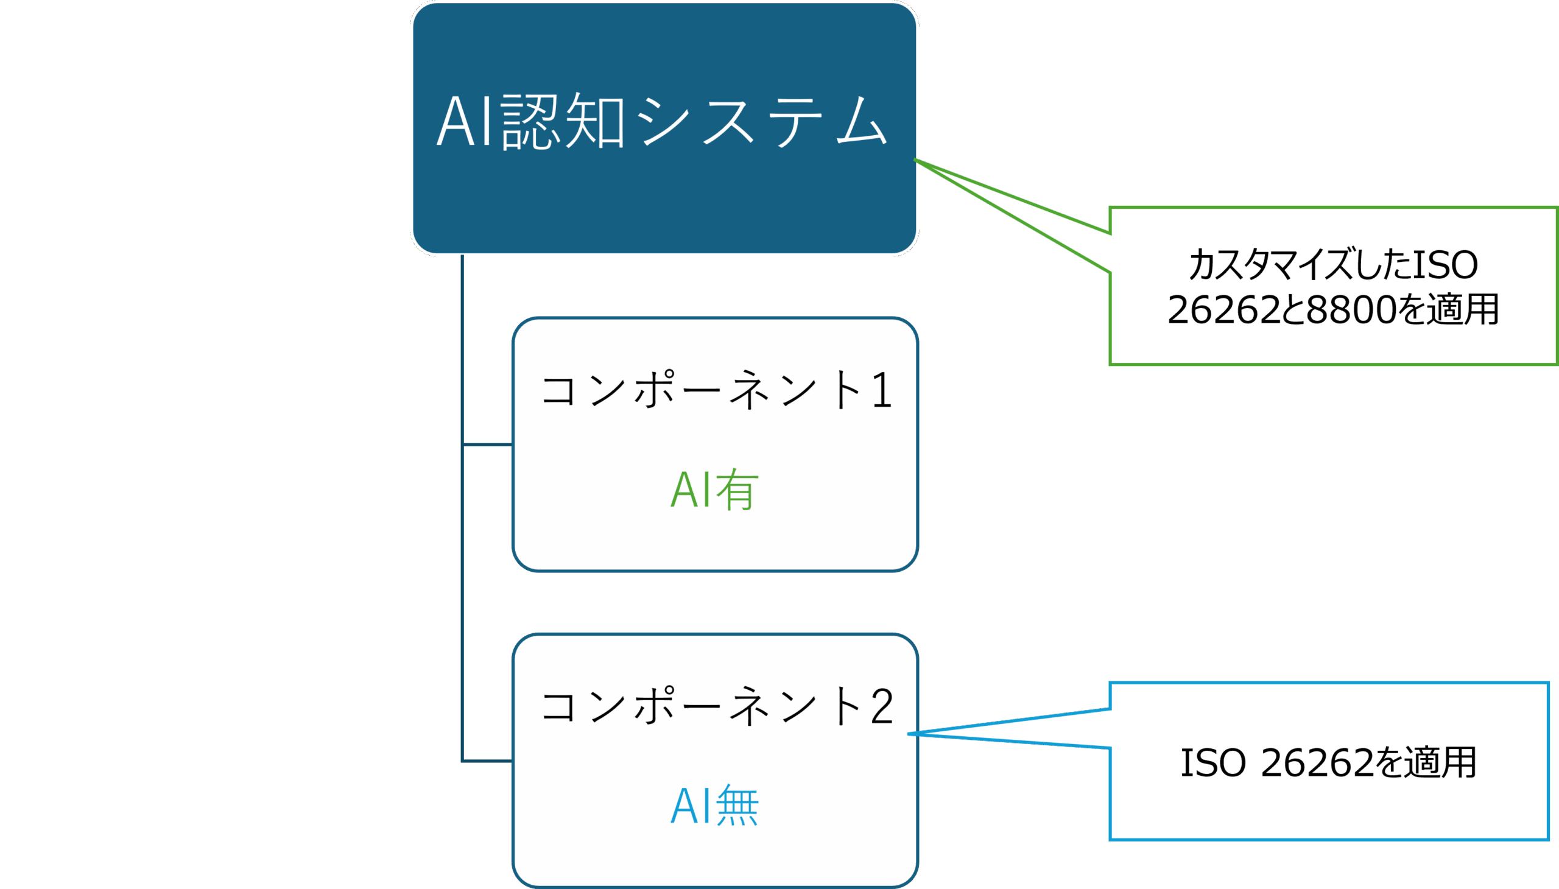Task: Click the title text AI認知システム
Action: [663, 122]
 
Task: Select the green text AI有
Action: [714, 490]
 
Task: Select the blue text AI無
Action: [714, 806]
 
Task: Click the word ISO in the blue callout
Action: [1212, 762]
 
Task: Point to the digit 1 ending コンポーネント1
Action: [882, 391]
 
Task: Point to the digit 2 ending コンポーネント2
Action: [882, 707]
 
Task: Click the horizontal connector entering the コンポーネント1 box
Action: [487, 445]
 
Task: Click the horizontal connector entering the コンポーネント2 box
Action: [487, 761]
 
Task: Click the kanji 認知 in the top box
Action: [563, 122]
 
